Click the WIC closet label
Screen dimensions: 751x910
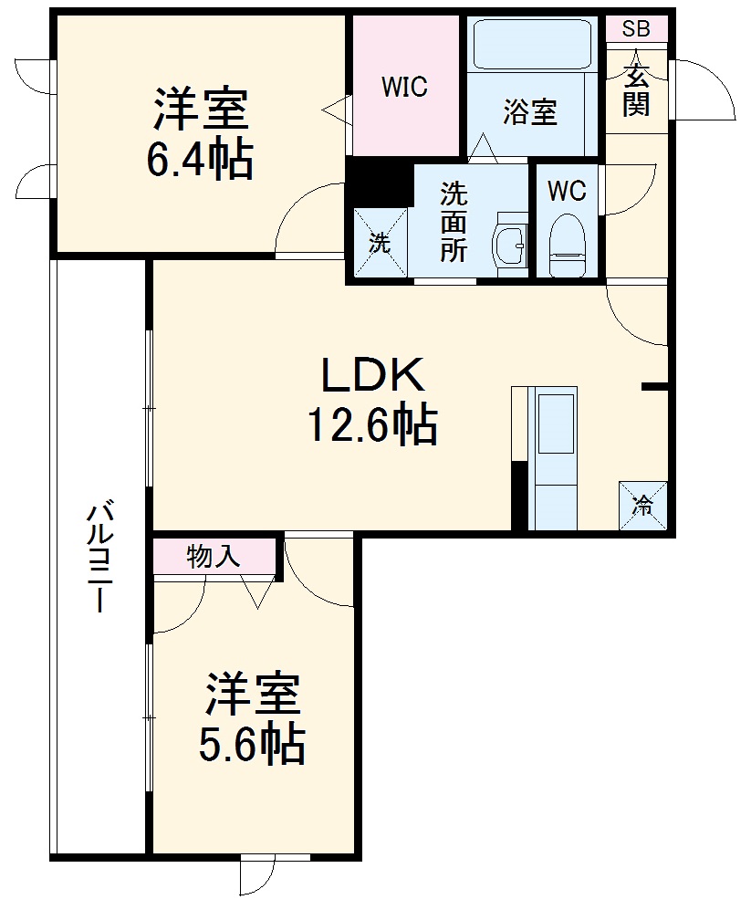pos(404,87)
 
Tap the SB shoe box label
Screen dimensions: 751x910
pos(636,28)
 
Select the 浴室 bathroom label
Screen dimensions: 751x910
pos(530,111)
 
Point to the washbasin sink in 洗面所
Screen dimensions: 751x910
pos(510,245)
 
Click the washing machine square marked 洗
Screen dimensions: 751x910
pos(381,242)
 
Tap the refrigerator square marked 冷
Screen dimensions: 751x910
pos(643,505)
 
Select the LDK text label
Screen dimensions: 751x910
pos(373,375)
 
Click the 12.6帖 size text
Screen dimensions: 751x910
pos(372,424)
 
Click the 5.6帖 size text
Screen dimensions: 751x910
pos(252,744)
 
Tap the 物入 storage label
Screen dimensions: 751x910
pos(214,557)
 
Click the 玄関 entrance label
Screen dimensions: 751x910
pos(636,90)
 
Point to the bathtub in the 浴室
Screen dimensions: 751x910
pos(532,45)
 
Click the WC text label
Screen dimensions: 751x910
pos(567,191)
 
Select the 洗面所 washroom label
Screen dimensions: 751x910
pos(454,223)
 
